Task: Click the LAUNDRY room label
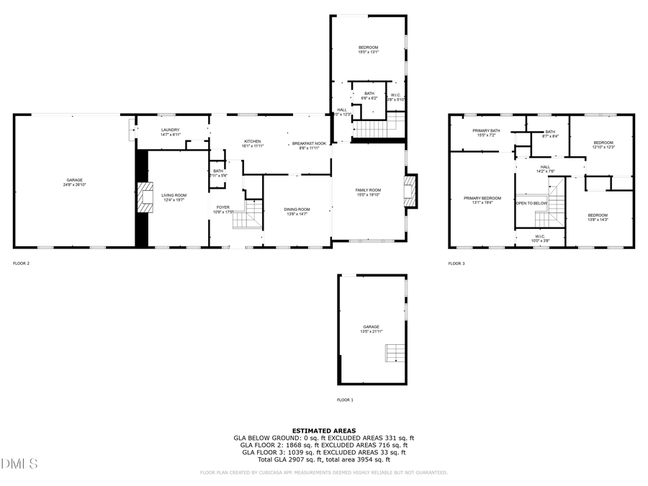coord(170,130)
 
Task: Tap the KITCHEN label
coord(252,141)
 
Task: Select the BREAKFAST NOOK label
coord(308,143)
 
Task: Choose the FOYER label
coord(222,207)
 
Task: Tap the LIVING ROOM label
coord(174,195)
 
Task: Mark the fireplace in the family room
coord(411,192)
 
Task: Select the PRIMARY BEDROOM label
coord(482,198)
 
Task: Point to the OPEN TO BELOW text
coord(531,204)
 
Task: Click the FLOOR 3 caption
coord(456,264)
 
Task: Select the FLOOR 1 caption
coord(346,400)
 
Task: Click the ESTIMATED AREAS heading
coord(324,431)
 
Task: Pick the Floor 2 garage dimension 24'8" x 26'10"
coord(74,185)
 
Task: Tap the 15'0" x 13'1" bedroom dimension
coord(368,53)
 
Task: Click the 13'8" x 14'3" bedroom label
coord(597,215)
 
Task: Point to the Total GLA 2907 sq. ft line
coord(324,459)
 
